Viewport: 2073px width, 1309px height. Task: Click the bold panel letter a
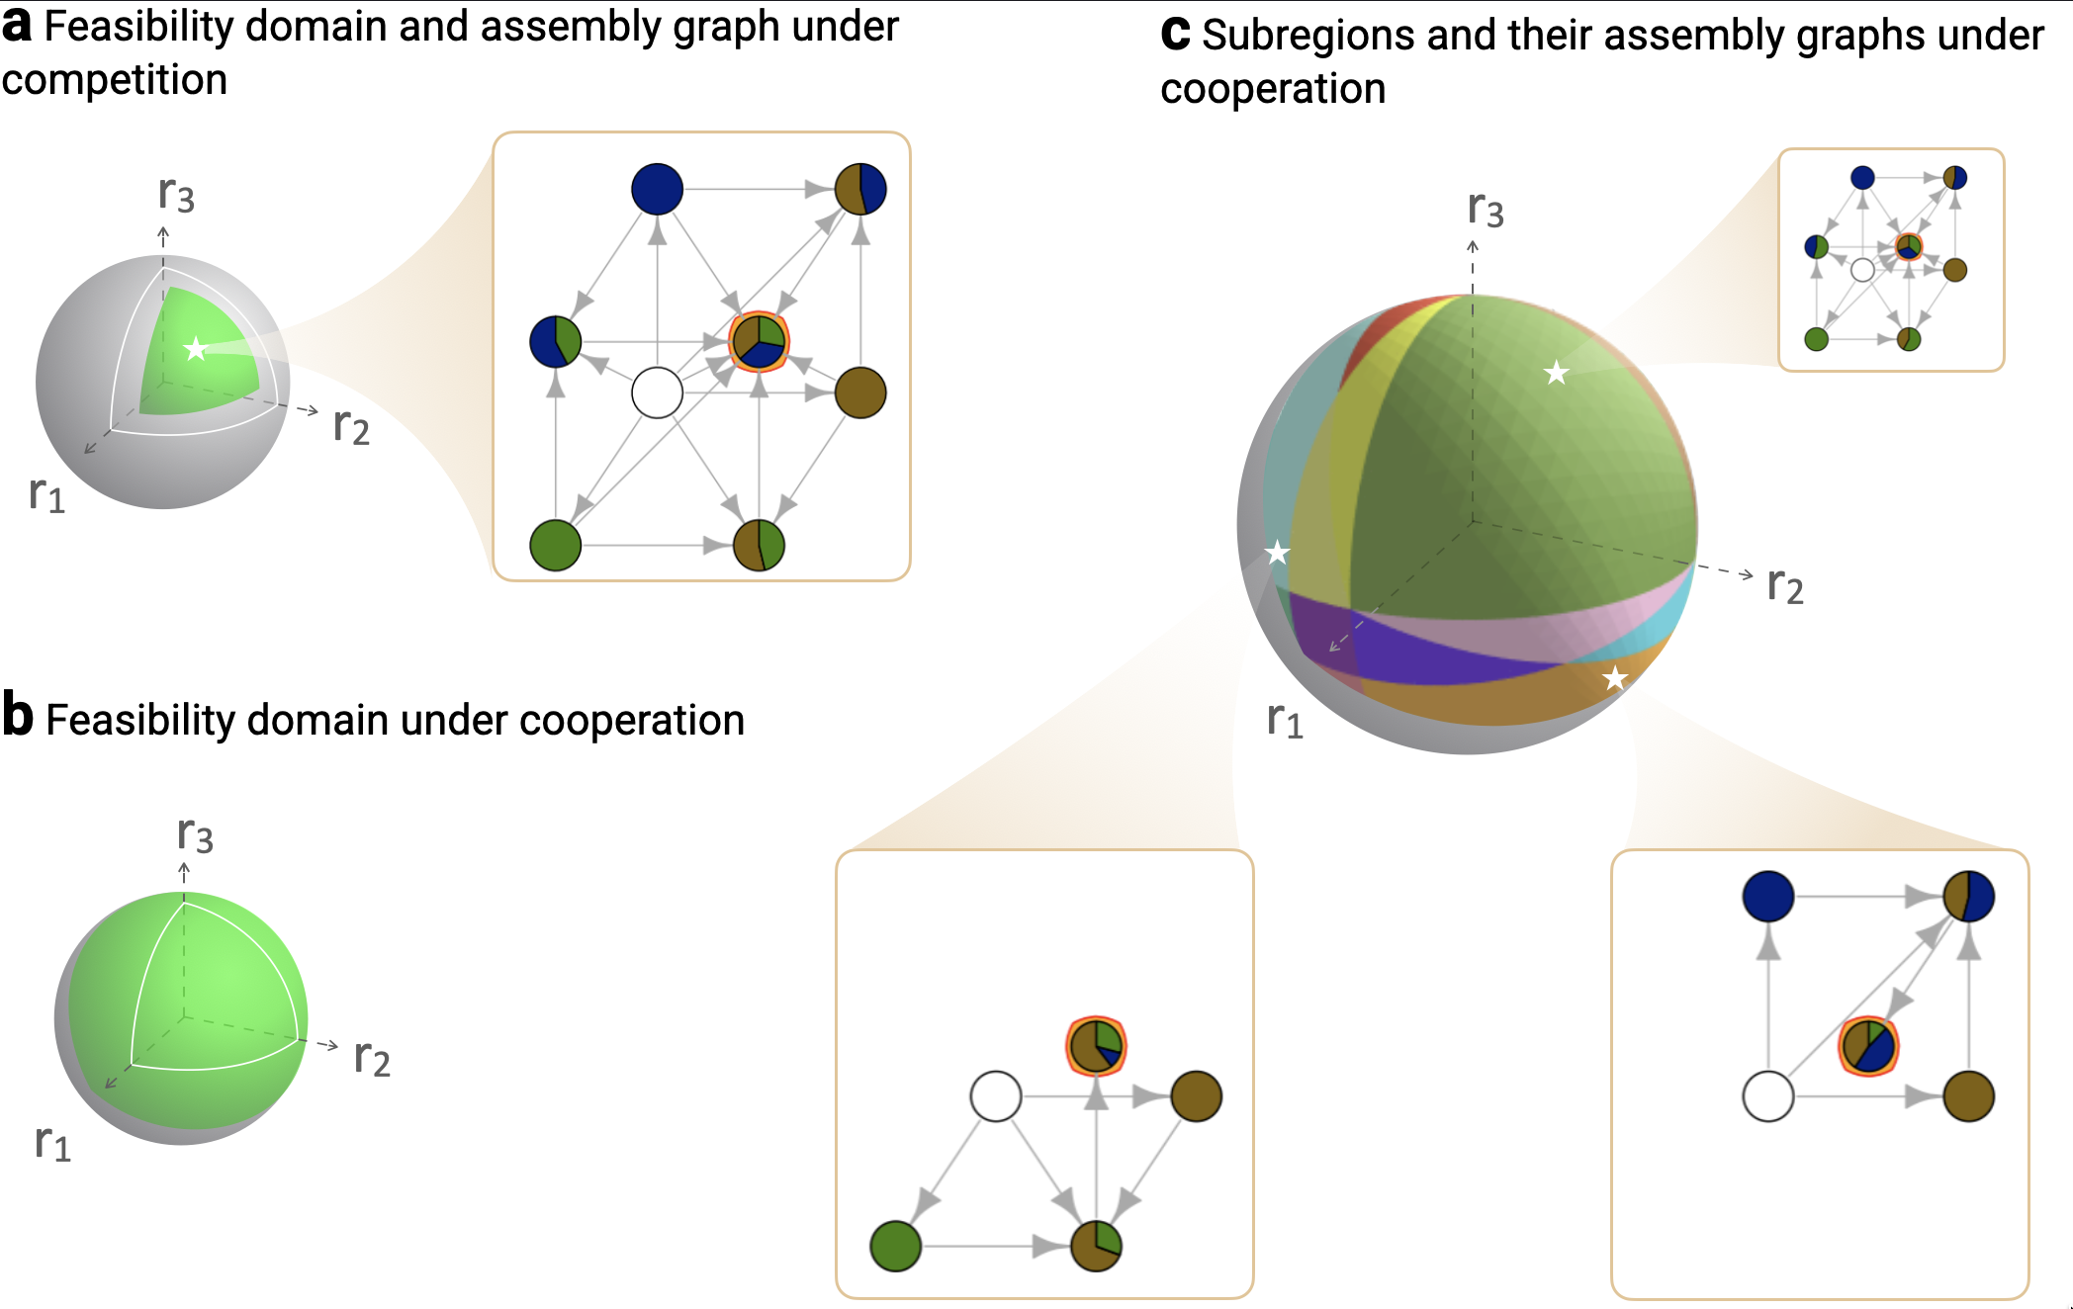pos(17,26)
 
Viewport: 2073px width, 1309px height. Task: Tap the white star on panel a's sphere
pos(196,348)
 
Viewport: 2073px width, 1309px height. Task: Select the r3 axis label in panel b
pos(195,834)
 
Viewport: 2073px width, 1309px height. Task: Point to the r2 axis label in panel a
pos(351,427)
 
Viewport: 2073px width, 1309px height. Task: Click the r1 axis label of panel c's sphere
pos(1285,720)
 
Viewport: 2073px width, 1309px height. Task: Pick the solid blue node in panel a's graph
pos(657,189)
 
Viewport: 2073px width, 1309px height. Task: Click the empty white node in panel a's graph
pos(657,393)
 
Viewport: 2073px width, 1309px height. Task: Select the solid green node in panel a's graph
pos(555,546)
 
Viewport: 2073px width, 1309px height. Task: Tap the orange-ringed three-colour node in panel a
pos(759,342)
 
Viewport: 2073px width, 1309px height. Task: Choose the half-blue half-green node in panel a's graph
pos(555,342)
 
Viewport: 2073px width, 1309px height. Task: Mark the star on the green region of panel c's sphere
pos(1557,373)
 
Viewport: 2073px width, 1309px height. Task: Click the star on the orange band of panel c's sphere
pos(1615,678)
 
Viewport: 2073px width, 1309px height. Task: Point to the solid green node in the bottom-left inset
pos(895,1246)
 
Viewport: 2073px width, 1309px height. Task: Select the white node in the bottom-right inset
pos(1767,1096)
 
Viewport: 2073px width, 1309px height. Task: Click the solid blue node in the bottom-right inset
pos(1767,897)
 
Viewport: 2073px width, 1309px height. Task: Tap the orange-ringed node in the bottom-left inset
pos(1096,1046)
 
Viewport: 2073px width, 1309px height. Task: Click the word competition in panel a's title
pos(115,80)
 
